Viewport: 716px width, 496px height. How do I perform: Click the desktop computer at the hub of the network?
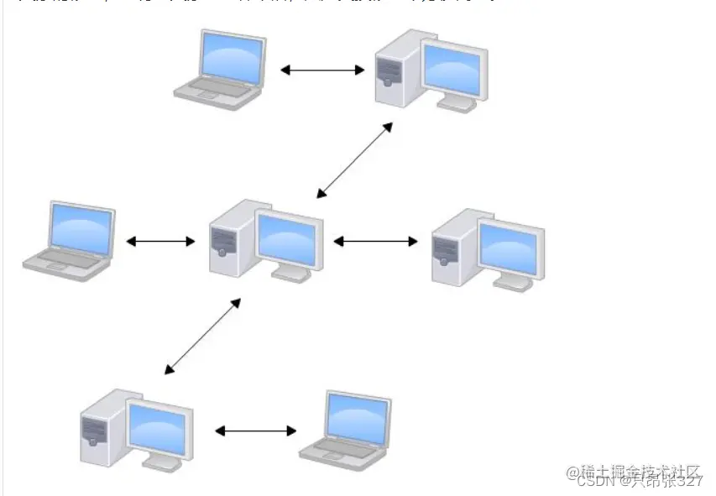point(265,240)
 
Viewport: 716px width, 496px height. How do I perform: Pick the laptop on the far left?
point(71,240)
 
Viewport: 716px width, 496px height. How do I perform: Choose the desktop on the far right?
point(488,248)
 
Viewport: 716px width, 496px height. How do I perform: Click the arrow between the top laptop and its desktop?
point(322,70)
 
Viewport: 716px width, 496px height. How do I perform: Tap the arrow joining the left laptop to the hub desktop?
point(160,242)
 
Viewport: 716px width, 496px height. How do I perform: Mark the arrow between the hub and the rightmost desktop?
point(375,242)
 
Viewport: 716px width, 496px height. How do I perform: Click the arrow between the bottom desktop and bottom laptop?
point(256,431)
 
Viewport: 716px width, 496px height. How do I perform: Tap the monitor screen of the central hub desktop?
point(287,238)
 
